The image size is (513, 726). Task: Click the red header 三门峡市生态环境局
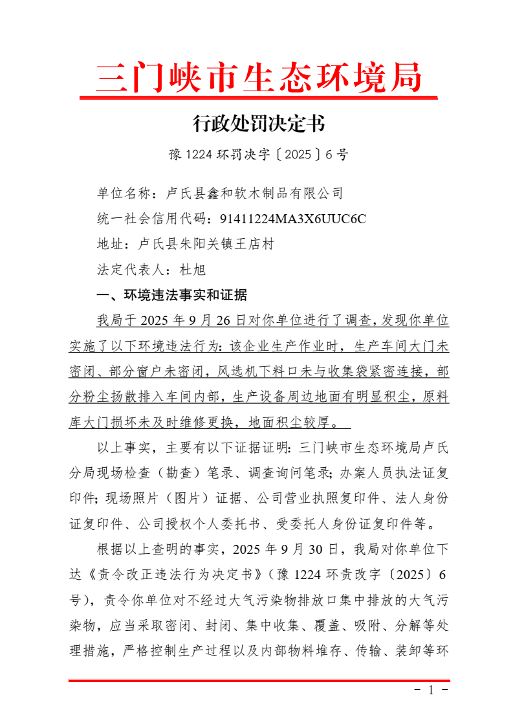coord(259,78)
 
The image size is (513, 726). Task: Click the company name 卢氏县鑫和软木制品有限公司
coord(255,193)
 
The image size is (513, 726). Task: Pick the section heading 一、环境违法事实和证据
coord(171,295)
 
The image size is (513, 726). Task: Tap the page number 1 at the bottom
coord(431,690)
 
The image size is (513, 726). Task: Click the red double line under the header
coord(259,98)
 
